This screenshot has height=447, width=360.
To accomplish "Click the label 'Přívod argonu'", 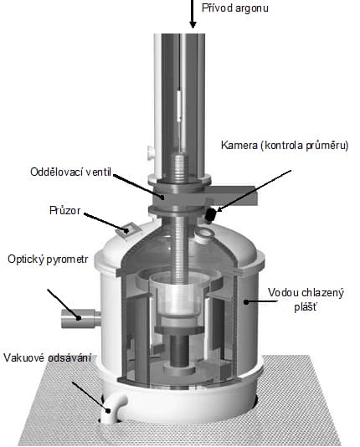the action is [235, 8].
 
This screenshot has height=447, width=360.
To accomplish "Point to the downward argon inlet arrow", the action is [193, 13].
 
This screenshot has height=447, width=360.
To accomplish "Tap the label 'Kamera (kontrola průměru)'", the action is [285, 146].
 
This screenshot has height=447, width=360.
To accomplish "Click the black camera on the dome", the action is [210, 215].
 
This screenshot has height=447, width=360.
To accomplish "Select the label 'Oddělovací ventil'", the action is [70, 172].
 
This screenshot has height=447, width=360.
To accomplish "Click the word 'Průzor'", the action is [65, 210].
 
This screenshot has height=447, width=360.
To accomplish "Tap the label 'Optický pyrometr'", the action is [48, 259].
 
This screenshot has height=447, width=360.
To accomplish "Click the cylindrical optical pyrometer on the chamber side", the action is [81, 318].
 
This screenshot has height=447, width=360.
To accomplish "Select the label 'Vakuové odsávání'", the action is [48, 357].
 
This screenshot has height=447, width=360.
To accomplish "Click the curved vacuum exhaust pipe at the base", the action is [113, 408].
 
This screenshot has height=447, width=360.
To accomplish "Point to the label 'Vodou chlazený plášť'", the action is [306, 300].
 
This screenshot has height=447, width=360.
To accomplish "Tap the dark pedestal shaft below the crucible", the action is [179, 351].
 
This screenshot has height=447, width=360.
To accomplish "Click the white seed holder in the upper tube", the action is [179, 105].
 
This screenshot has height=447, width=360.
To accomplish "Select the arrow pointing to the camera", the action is [255, 190].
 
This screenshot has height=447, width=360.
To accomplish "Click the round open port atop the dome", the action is [204, 234].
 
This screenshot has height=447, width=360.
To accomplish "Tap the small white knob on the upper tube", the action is [151, 153].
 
